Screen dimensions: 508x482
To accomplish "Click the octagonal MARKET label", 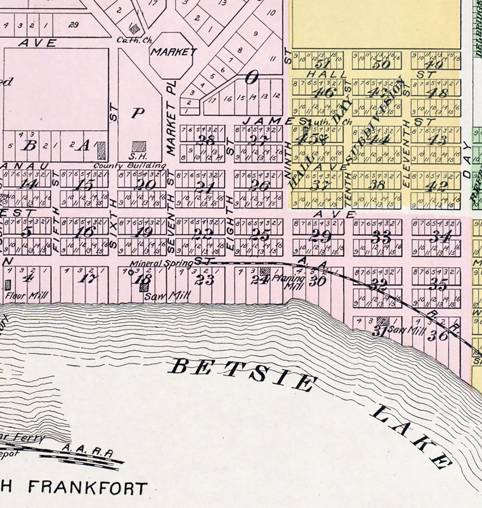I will pos(173,52).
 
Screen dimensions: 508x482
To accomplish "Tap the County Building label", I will pos(129,165).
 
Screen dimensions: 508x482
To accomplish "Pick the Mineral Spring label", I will pos(161,263).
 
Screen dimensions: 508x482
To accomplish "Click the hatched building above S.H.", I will pos(139,145).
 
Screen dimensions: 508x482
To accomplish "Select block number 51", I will pos(322,65).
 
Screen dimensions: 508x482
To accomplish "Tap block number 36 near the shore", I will pos(438,336).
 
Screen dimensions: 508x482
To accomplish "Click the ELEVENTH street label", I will pos(406,167).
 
